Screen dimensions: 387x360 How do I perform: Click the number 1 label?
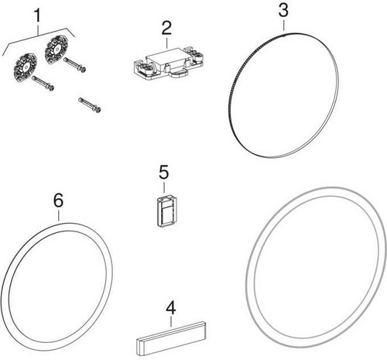pos(38,15)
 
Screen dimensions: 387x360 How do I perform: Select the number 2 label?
pos(166,28)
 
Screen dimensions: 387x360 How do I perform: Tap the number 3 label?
pos(283,10)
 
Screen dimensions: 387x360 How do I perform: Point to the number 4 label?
pos(171,308)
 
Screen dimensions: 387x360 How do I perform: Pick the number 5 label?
pos(164,172)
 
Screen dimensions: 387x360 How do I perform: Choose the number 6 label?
pos(58,200)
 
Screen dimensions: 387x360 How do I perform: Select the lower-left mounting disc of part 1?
pos(25,67)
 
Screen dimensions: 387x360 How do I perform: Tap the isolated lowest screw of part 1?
pos(90,105)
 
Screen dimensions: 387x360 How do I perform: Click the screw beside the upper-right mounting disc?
pos(75,65)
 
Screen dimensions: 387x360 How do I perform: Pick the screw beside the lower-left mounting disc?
pos(43,83)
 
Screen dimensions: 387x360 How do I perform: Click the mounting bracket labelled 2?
pos(170,63)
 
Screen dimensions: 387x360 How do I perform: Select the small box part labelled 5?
pos(166,212)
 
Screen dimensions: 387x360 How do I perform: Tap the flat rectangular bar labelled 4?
pos(171,338)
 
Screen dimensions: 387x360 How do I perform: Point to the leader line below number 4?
pos(171,322)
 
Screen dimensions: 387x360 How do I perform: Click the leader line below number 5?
pos(164,187)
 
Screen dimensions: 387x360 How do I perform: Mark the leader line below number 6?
pos(59,215)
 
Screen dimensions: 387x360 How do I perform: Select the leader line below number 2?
pos(166,43)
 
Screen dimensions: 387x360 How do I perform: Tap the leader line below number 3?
pos(283,26)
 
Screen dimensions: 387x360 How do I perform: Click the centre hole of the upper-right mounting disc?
pos(57,48)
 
